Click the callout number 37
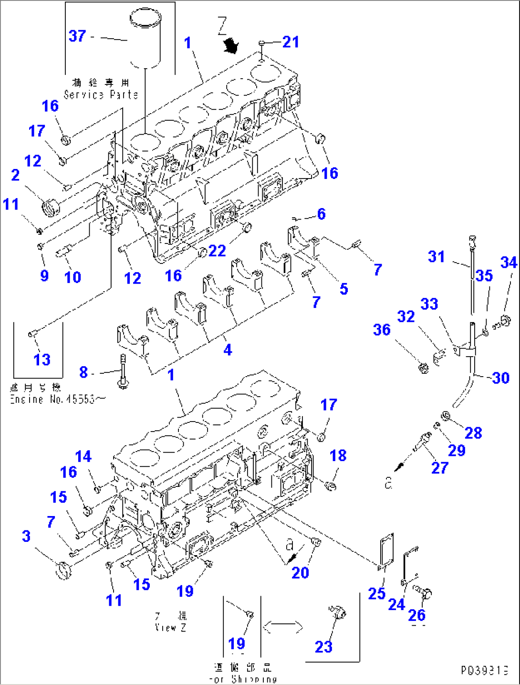pos(77,36)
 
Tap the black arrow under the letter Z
pos(232,46)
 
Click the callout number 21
pos(291,42)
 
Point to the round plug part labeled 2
pos(49,209)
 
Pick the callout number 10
pos(73,277)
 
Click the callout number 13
pos(42,359)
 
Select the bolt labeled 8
pos(123,371)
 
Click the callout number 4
pos(228,350)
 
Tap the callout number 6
pos(321,214)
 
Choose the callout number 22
pos(217,250)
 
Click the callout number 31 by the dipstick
pos(436,256)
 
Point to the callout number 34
pos(509,262)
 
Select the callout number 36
pos(382,329)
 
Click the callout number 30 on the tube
pos(500,378)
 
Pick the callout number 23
pos(323,647)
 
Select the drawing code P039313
pos(484,671)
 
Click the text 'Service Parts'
pos(101,95)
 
